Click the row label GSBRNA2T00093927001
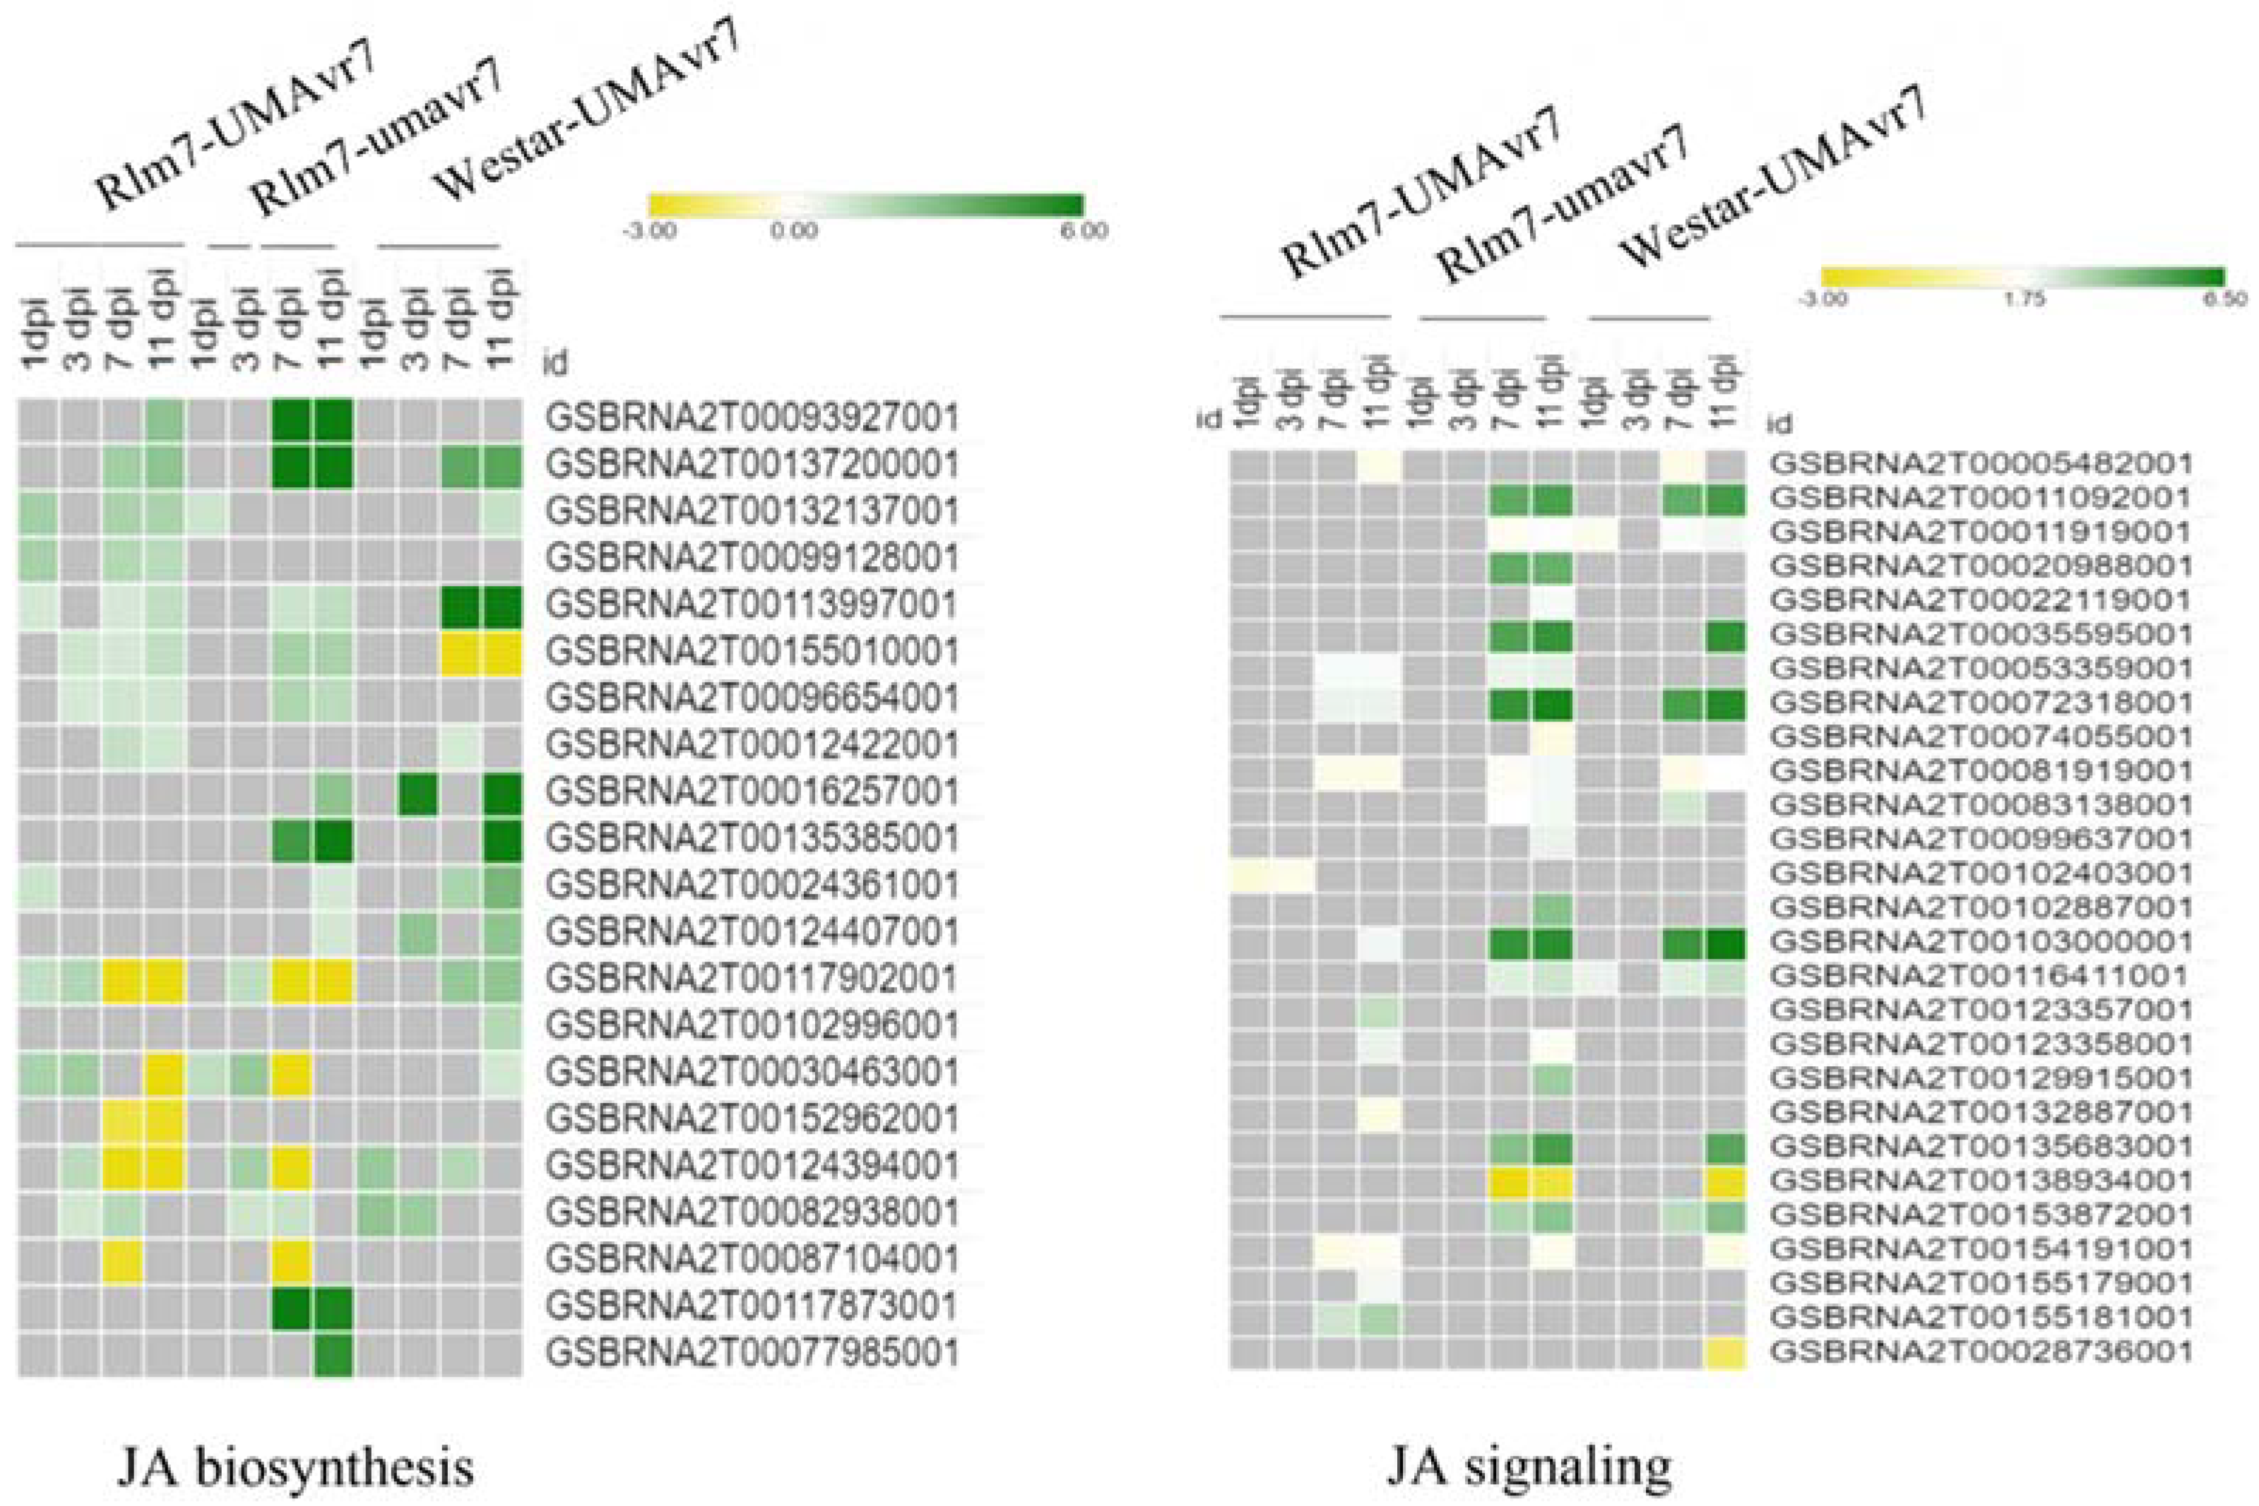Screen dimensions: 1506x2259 [x=752, y=418]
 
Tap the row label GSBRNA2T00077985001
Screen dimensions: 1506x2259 [x=752, y=1353]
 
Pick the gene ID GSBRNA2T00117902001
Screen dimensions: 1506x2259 [x=752, y=980]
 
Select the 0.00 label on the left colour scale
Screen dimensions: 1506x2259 [x=794, y=232]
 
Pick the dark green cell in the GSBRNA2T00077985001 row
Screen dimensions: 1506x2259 [x=333, y=1353]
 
